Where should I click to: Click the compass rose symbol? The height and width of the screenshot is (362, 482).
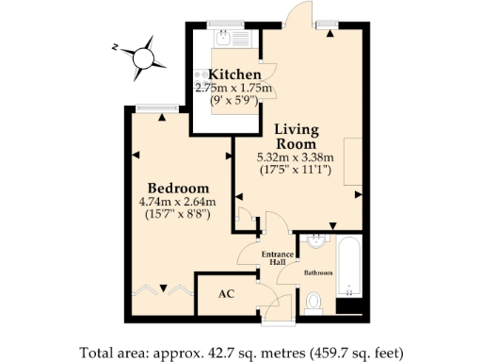point(143,56)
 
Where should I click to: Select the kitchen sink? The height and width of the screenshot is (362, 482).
point(226,39)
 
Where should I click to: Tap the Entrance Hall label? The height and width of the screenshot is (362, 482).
point(272,257)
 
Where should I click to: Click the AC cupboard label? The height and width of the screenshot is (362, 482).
point(225,293)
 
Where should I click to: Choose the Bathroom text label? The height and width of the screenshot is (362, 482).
point(318,273)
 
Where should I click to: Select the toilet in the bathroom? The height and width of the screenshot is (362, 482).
point(316,302)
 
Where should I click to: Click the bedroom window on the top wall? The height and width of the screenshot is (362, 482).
point(151,108)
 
